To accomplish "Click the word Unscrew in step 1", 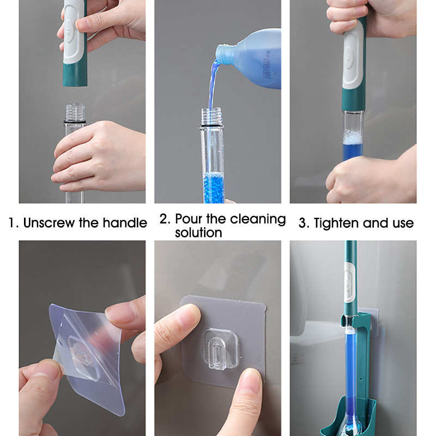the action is (x=49, y=223).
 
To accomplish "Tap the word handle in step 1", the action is (x=125, y=223).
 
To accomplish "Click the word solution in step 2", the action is (x=198, y=233).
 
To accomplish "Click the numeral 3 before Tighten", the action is (x=302, y=223).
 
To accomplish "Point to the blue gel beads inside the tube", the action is (x=214, y=188).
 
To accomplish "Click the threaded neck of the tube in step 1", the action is (x=75, y=112).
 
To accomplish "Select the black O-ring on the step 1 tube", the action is (x=75, y=122).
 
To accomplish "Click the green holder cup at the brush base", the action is (x=348, y=420).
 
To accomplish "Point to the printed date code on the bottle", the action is (x=266, y=64).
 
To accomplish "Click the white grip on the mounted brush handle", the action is (x=350, y=282).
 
